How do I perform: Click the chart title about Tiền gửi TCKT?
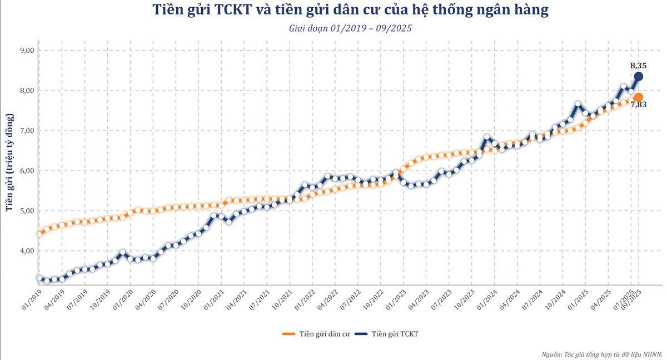click(350, 11)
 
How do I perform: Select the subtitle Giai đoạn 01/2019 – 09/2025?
click(350, 28)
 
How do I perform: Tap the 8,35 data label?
click(638, 65)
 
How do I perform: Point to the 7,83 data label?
click(638, 104)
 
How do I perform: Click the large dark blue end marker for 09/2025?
click(639, 77)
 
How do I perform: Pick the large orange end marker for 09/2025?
click(638, 97)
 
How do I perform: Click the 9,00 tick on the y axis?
click(27, 51)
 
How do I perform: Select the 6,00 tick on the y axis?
click(27, 171)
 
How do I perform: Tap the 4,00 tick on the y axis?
click(27, 251)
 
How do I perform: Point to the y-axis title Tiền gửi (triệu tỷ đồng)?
click(9, 162)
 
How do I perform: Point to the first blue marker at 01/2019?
click(39, 278)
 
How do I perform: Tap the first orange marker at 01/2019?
click(39, 234)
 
